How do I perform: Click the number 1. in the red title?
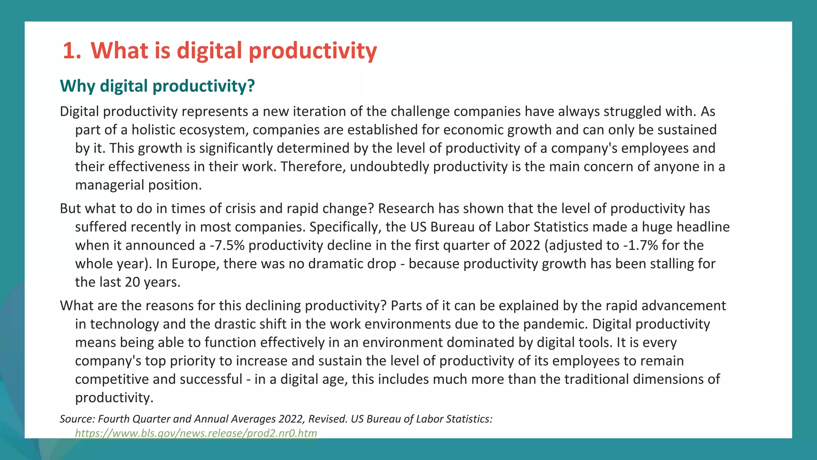pyautogui.click(x=72, y=51)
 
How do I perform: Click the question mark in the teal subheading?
pyautogui.click(x=251, y=86)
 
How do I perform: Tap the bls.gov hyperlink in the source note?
pyautogui.click(x=196, y=433)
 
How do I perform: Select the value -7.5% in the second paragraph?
pyautogui.click(x=227, y=245)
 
